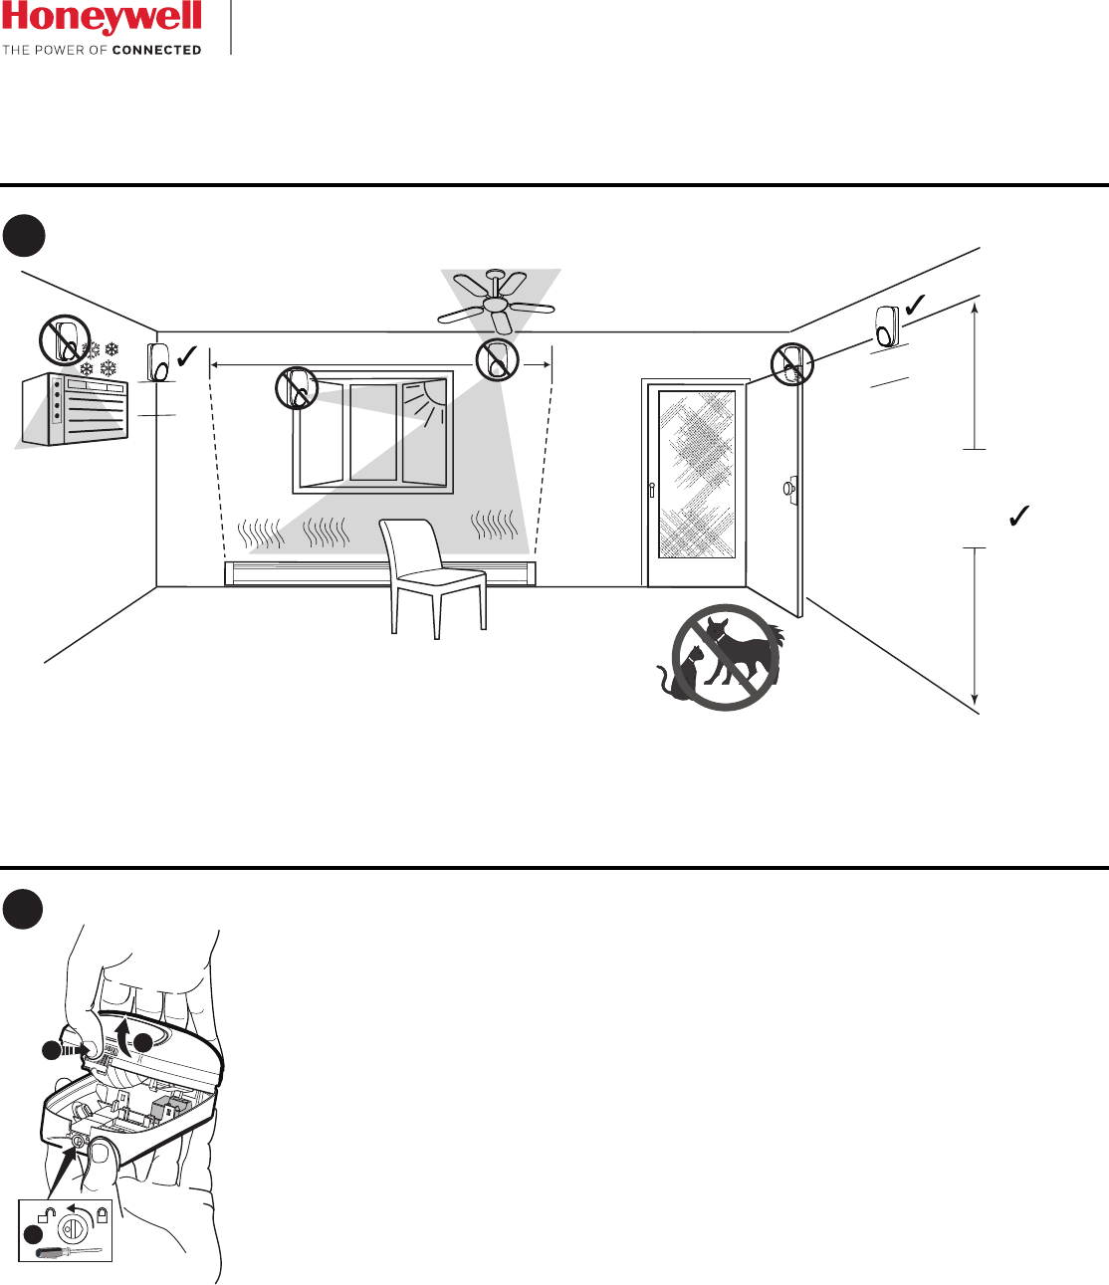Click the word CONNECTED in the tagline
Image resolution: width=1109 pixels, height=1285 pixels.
tap(156, 50)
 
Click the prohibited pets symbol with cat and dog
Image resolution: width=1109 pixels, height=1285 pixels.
tap(725, 657)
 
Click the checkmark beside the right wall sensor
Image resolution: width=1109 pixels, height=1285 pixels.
tap(915, 303)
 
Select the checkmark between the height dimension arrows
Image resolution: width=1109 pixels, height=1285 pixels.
tap(1018, 516)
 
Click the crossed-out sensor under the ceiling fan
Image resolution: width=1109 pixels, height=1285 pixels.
tap(497, 359)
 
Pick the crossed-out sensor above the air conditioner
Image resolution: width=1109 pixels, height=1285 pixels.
tap(65, 340)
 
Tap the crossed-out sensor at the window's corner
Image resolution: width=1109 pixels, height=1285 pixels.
tap(297, 388)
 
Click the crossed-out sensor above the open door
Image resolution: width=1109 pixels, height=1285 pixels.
tap(791, 364)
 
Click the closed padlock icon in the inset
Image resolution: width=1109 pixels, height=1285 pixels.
tap(102, 1214)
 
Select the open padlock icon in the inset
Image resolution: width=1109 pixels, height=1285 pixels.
tap(45, 1214)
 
